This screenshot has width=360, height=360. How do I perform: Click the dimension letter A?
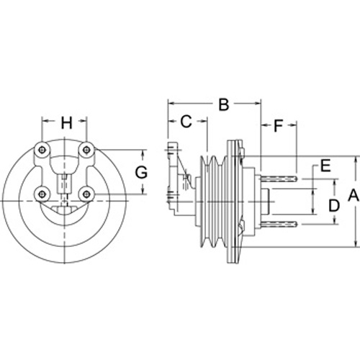coord(354,195)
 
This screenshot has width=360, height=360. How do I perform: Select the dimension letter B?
coord(224,104)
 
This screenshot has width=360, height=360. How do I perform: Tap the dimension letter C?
coord(186,122)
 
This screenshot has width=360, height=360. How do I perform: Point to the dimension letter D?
coord(334,206)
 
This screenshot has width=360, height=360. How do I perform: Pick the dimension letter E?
coord(325,166)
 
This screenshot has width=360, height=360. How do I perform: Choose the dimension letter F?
coord(279,125)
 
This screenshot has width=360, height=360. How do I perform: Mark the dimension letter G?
coord(141,173)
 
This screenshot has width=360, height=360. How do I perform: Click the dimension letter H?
coord(66,122)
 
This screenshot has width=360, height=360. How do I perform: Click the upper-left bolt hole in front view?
coord(42,150)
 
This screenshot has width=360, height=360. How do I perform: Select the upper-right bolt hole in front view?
coord(86,150)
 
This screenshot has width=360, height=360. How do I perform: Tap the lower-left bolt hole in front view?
coord(42,194)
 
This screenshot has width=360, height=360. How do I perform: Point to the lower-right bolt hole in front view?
coord(86,194)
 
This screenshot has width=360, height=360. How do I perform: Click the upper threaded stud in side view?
coord(279,179)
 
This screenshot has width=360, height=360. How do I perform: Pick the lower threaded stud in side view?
coord(279,224)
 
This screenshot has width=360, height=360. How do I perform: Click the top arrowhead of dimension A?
coord(355,161)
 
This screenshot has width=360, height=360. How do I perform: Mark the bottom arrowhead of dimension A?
coord(355,243)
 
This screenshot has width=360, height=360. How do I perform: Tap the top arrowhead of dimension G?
coord(143,153)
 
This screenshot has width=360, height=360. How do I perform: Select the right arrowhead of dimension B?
coord(257,104)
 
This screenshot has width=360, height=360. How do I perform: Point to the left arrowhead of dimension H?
coord(46,121)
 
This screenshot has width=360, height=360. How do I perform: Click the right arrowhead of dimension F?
coord(293,125)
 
